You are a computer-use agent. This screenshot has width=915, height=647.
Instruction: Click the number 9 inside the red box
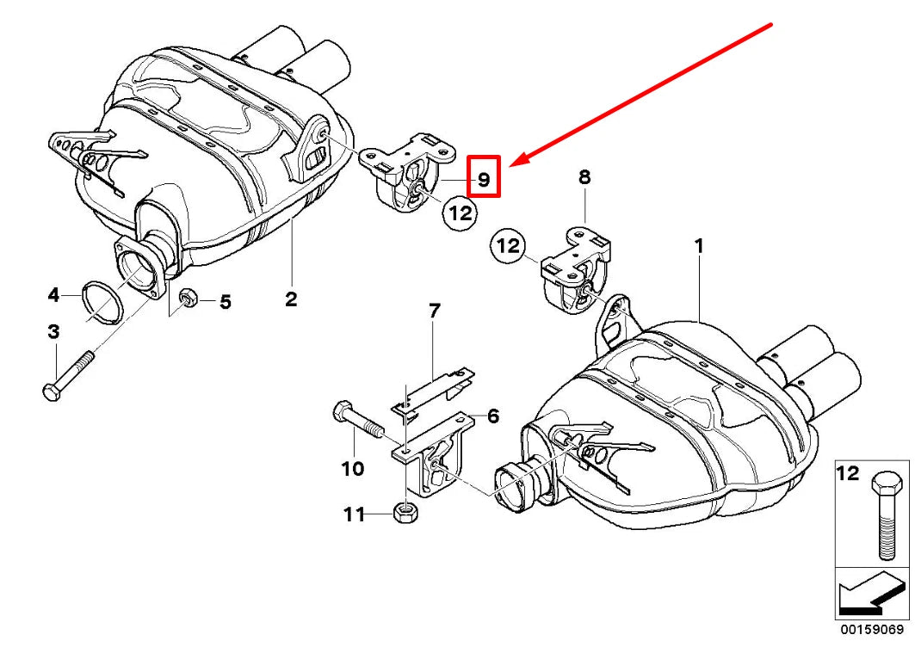click(483, 179)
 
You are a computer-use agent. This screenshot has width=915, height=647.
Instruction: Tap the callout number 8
click(584, 177)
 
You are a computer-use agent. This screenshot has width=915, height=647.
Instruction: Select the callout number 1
click(699, 247)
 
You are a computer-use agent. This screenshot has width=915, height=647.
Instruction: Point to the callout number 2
click(291, 299)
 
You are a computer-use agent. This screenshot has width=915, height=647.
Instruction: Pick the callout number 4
click(53, 295)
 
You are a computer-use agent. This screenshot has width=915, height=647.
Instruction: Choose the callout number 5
click(225, 302)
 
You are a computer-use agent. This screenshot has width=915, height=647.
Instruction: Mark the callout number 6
click(493, 416)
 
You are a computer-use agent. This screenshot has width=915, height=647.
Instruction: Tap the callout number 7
click(434, 311)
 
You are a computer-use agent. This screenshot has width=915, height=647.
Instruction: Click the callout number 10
click(353, 469)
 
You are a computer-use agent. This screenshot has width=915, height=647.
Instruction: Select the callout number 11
click(354, 515)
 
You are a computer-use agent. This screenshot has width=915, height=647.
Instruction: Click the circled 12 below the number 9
click(461, 212)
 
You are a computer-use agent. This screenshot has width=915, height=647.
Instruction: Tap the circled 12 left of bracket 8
click(509, 247)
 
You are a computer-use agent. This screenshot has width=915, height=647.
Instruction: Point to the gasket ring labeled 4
click(100, 301)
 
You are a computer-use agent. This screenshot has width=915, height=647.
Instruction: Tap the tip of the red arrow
click(511, 163)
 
